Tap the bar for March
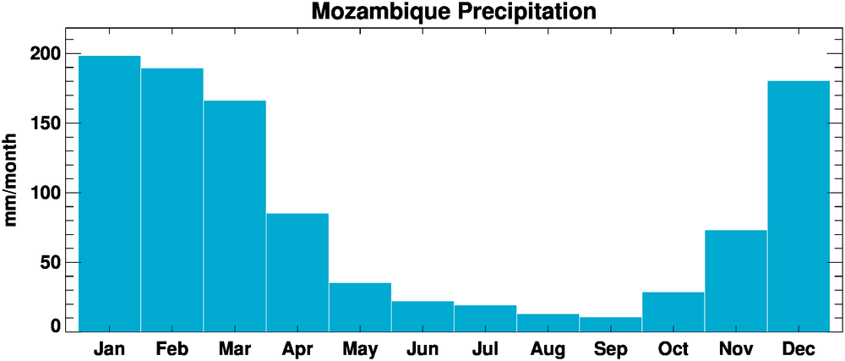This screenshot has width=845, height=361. tap(234, 216)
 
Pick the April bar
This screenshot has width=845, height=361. tap(297, 271)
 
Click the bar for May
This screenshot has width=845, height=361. tap(359, 306)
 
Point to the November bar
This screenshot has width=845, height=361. tap(735, 280)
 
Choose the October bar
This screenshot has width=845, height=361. tap(673, 311)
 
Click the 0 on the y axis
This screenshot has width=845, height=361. tap(56, 325)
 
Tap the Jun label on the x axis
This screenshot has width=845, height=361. tap(422, 347)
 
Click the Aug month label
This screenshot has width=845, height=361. tap(547, 347)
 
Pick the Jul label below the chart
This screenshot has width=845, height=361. tap(484, 347)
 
